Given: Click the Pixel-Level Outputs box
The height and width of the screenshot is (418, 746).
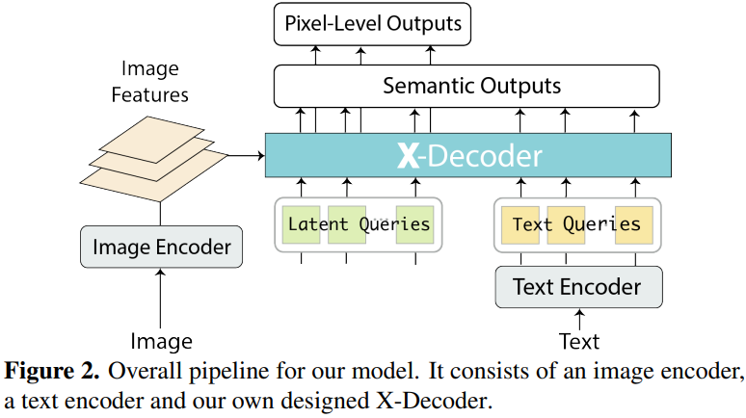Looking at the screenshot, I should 372,23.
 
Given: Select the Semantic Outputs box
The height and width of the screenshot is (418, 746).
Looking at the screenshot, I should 468,86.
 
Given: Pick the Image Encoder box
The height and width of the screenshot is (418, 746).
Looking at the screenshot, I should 161,248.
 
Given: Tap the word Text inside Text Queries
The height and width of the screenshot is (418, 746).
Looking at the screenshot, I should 532,225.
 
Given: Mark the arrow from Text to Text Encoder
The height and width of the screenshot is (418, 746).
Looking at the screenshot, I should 579,317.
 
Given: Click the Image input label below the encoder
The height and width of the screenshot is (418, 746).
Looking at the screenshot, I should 161,341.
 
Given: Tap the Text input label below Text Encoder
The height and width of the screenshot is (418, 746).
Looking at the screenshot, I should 579,341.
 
